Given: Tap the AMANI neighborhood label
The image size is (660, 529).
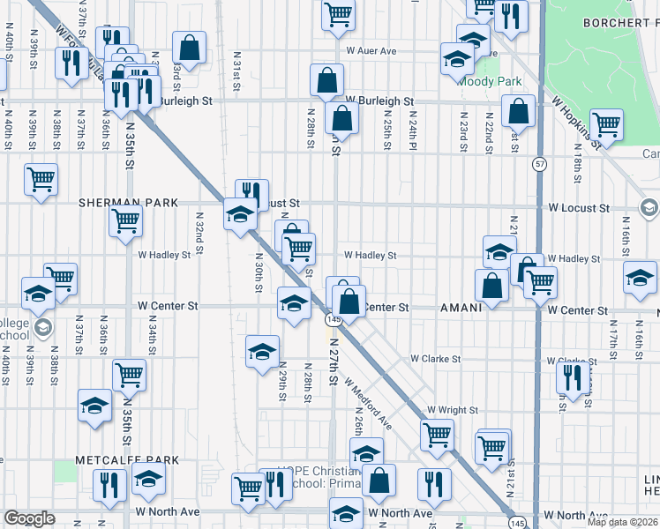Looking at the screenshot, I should click(461, 309).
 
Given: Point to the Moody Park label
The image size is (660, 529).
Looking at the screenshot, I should click(490, 82).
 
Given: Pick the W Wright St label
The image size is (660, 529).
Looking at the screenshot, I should click(453, 411).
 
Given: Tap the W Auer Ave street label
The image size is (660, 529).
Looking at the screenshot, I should click(371, 51).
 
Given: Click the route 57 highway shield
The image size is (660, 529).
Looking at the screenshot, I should click(538, 164).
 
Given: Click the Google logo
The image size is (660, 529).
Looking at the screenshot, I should click(29, 518).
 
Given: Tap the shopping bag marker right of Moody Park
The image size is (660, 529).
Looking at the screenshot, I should click(519, 111).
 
